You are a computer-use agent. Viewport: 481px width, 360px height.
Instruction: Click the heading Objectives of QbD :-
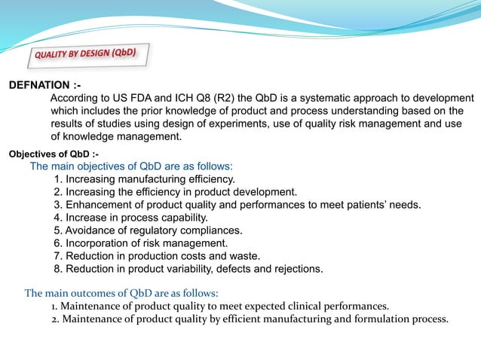[53, 154]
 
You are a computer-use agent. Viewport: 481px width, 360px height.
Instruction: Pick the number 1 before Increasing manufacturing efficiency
[57, 179]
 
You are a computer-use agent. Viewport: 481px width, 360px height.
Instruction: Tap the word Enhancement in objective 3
[97, 205]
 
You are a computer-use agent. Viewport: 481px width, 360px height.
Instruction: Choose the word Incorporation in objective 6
[100, 243]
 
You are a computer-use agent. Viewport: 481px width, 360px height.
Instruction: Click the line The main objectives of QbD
[131, 166]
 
